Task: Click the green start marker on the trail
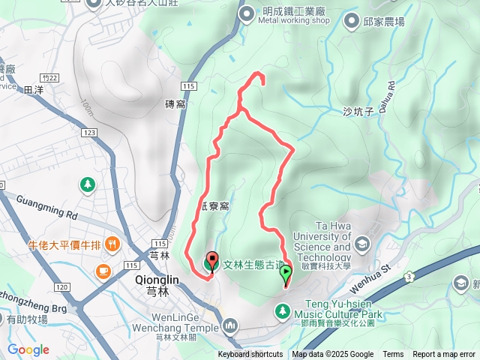(x=286, y=274)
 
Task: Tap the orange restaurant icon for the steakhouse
(x=112, y=243)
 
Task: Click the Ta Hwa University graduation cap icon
(x=363, y=244)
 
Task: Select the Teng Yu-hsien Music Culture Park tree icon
(x=283, y=309)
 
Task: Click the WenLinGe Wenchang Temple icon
(x=229, y=325)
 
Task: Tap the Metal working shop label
(x=294, y=20)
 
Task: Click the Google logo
(x=28, y=349)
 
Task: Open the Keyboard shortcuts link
(x=250, y=355)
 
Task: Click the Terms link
(x=393, y=355)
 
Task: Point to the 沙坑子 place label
(x=358, y=111)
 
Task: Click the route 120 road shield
(x=62, y=287)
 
